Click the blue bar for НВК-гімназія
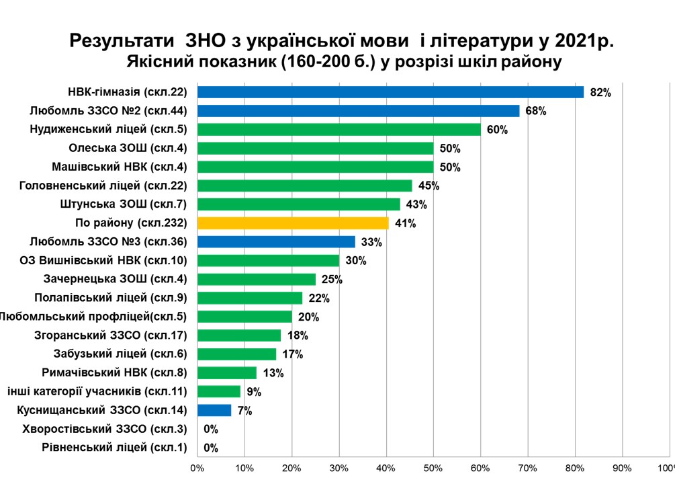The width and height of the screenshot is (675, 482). tap(390, 92)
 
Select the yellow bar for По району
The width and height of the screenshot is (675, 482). tap(293, 223)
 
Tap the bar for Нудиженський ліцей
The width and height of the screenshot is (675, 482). tap(339, 130)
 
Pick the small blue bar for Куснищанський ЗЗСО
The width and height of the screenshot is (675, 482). tap(214, 410)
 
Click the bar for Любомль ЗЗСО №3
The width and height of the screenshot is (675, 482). tap(276, 241)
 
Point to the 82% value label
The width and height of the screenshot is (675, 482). tap(600, 93)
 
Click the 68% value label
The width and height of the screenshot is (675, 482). tap(535, 111)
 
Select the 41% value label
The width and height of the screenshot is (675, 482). tap(405, 224)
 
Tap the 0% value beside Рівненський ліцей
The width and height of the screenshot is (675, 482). tap(211, 448)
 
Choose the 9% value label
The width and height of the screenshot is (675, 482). tap(254, 392)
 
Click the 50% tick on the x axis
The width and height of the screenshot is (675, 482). tap(433, 468)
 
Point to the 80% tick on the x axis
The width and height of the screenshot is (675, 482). tap(575, 468)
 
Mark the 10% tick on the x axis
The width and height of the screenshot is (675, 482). tap(244, 468)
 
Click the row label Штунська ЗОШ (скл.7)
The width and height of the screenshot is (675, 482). tap(124, 204)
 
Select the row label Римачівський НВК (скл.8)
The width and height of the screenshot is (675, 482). tap(114, 372)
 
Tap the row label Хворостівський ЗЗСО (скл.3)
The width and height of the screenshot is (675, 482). tap(105, 429)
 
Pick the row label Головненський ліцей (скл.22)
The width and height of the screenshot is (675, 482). tap(103, 186)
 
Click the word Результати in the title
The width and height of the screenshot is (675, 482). tap(122, 41)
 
